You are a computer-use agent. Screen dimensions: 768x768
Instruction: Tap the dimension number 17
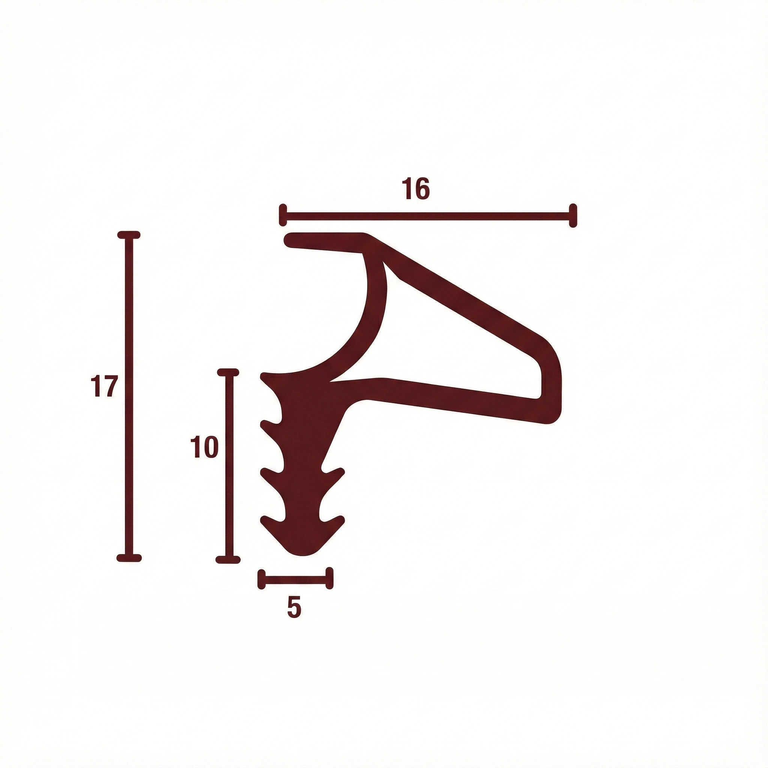pos(104,386)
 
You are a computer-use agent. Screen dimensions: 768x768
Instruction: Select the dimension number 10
pos(205,447)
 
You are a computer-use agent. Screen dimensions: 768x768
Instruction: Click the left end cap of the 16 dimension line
pos(283,216)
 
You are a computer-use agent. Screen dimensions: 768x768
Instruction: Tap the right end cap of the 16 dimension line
pos(573,216)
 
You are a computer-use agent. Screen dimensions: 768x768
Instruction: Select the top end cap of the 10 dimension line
pos(228,372)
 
